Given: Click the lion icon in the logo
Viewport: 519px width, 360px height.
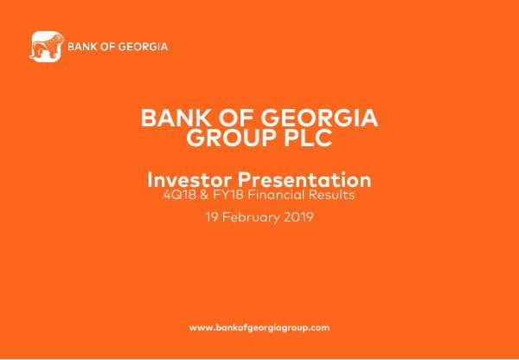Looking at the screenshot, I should [44, 47].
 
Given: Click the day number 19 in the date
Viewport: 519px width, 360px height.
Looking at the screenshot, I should [213, 217].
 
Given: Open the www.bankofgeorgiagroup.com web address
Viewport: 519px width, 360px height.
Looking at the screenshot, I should [259, 328].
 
